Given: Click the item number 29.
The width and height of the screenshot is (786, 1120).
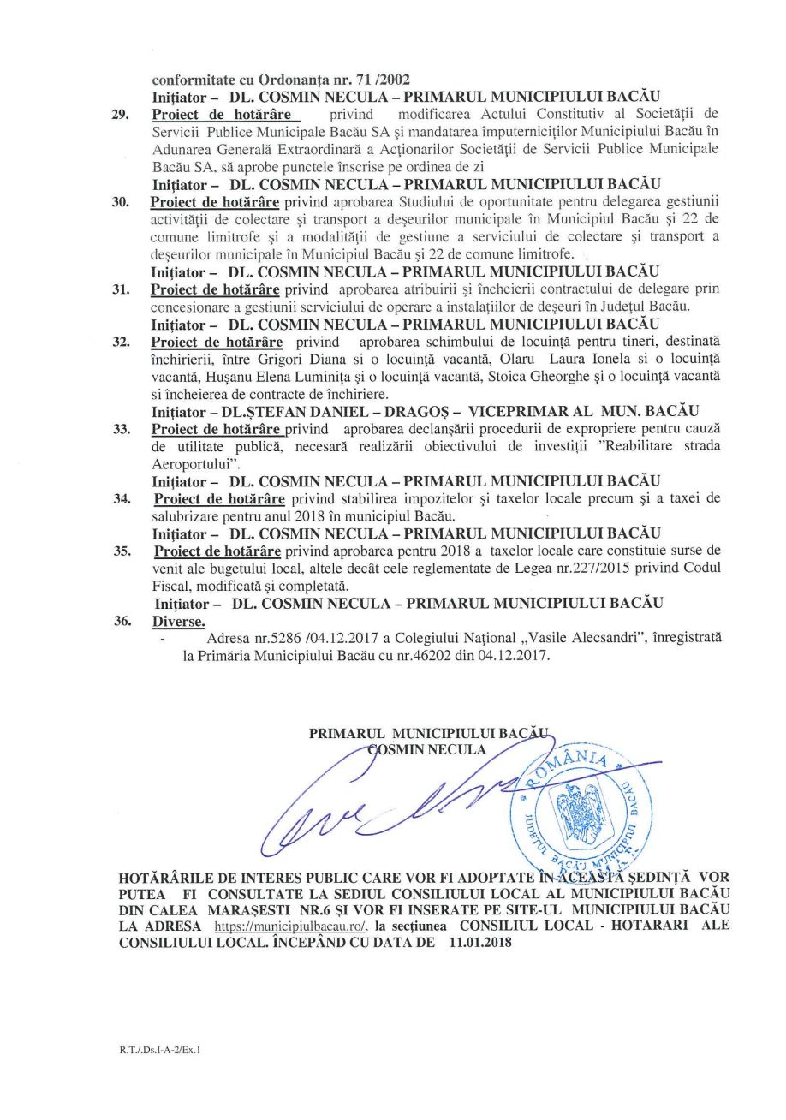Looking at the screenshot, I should click(x=120, y=114).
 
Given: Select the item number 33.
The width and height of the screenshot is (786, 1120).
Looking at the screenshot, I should click(x=122, y=430).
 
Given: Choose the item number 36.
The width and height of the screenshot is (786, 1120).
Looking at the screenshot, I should click(x=122, y=621).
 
